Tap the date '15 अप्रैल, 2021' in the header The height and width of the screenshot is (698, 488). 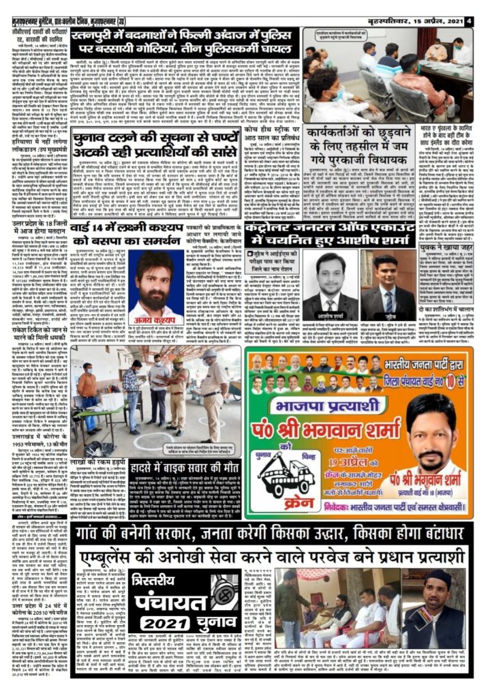point(437,20)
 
